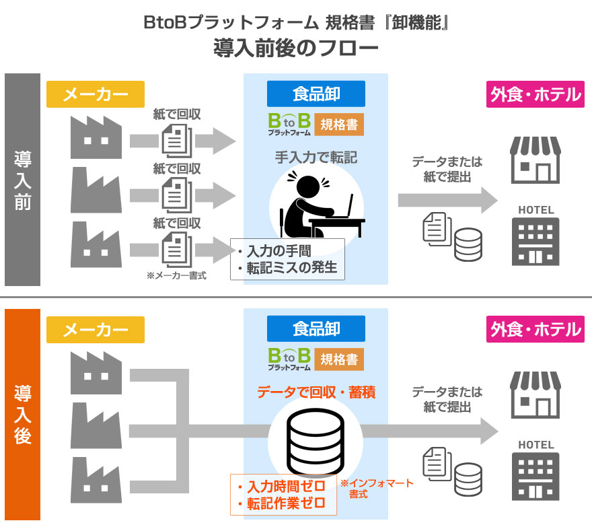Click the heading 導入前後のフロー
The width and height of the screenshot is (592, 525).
coord(296,48)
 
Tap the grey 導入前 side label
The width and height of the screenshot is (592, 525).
coord(23,180)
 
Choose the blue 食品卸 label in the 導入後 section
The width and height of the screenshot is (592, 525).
coord(316,329)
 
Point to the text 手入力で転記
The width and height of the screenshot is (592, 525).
coord(316,158)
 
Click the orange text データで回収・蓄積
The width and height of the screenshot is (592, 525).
coord(316,392)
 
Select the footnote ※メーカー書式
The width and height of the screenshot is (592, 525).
coord(176,275)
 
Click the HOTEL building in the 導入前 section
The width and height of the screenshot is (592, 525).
coord(535,236)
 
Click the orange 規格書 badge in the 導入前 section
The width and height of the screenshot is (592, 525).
coord(339,124)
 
